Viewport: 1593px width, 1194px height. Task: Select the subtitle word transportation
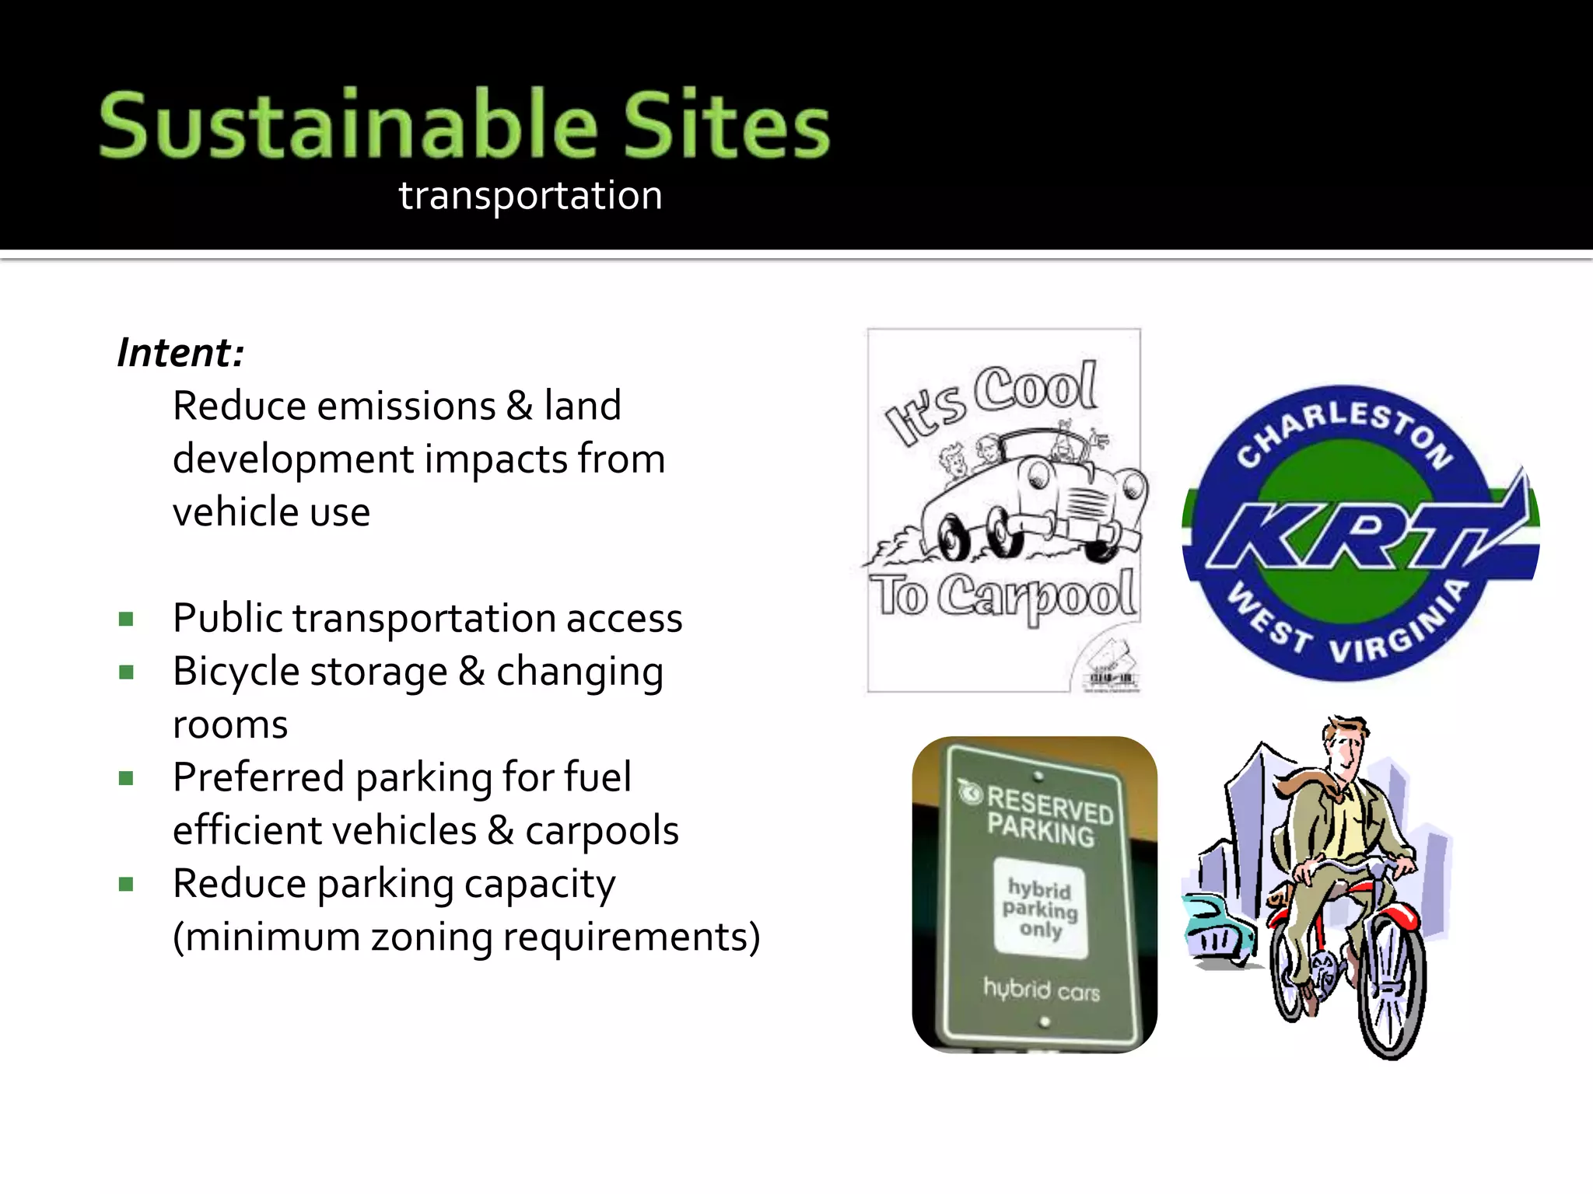tap(530, 196)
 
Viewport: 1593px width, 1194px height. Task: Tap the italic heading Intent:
tap(180, 353)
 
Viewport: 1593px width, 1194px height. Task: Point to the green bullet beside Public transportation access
tap(127, 620)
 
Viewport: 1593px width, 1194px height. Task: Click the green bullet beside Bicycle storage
tap(127, 672)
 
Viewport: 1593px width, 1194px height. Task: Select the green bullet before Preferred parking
tap(127, 778)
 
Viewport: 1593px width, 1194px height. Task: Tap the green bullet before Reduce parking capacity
tap(127, 884)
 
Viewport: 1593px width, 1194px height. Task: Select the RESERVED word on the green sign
tap(1050, 805)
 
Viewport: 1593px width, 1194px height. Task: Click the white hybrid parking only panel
tap(1040, 908)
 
